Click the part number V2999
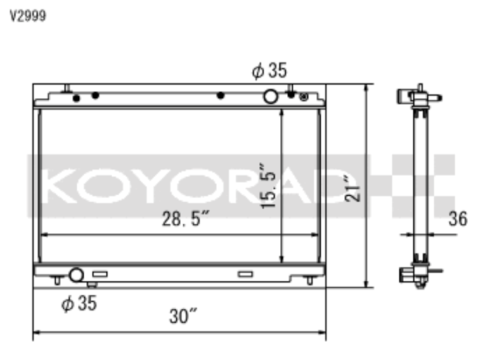[23, 15]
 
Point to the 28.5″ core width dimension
[185, 222]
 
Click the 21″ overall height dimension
[357, 187]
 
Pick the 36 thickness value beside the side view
[457, 219]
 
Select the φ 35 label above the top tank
[269, 71]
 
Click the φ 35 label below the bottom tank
[79, 304]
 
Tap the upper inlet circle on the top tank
[271, 96]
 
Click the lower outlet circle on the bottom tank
[76, 274]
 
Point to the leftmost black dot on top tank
[76, 98]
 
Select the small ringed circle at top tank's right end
[304, 97]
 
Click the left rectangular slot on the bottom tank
[100, 274]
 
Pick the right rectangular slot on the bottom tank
[245, 274]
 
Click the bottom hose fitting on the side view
[407, 275]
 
